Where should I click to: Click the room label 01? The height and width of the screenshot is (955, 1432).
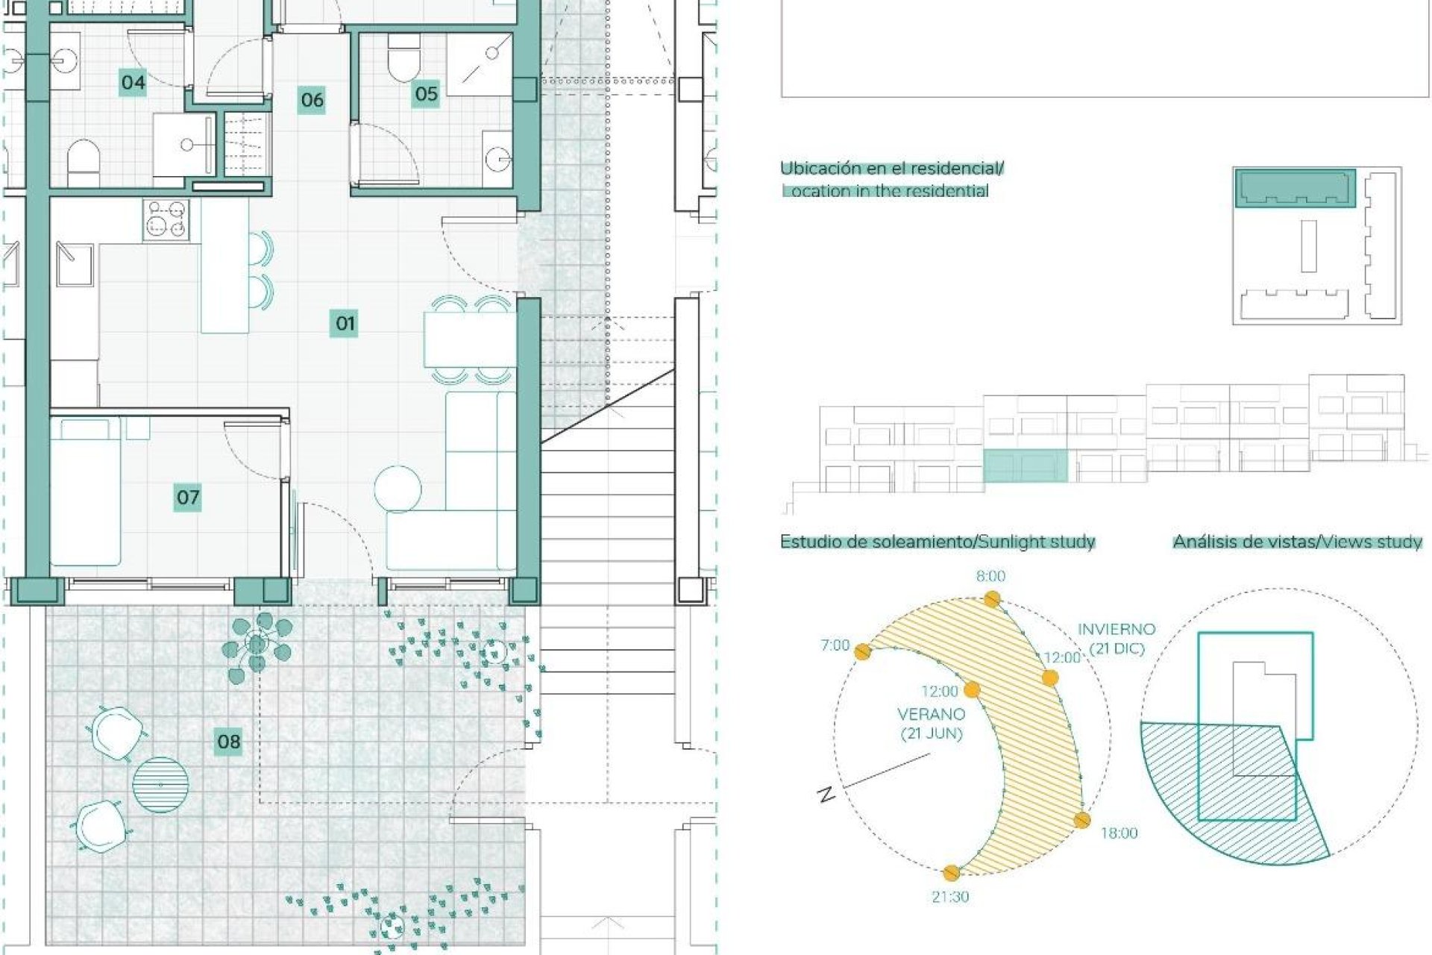point(344,323)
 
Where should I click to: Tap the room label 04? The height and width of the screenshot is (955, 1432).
point(133,81)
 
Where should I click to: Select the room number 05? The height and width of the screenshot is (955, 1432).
point(426,93)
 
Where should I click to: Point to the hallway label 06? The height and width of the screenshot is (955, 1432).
point(312,99)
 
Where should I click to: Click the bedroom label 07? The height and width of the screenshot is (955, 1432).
point(188,497)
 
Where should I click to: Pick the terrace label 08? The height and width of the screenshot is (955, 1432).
point(228,742)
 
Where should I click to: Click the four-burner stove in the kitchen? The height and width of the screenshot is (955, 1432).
point(166,219)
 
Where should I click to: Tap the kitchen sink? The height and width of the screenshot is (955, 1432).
point(75,264)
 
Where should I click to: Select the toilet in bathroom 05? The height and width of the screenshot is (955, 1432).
point(404,58)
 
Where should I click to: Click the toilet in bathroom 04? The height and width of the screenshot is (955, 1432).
point(84,163)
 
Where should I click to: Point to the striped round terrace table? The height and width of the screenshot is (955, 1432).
point(160,785)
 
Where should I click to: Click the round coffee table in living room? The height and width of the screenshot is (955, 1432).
point(398,490)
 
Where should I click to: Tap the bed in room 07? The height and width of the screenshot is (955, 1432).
point(85,492)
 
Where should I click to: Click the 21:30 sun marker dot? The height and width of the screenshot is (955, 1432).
point(951,872)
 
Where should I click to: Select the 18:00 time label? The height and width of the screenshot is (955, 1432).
point(1119,833)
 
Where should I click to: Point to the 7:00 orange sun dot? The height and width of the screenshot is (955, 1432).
point(863,652)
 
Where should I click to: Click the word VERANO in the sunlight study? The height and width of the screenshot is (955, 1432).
point(932,714)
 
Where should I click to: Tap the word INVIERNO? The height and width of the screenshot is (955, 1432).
point(1117,630)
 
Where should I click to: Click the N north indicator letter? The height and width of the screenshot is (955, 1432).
point(826,795)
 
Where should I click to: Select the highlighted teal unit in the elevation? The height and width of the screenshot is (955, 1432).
point(1026,466)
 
